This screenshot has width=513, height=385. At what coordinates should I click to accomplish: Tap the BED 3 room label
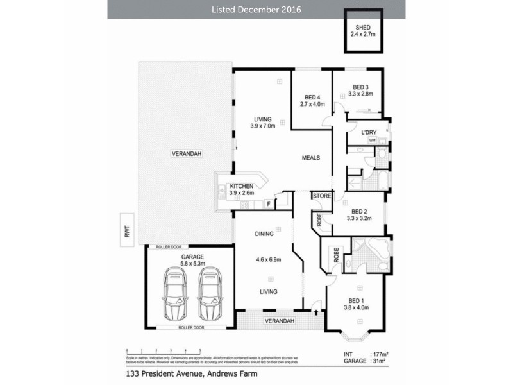360,87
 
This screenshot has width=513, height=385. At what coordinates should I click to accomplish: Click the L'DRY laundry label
368,133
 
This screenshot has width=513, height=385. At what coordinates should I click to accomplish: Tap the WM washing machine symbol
372,140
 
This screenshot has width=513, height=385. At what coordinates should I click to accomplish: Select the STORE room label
321,196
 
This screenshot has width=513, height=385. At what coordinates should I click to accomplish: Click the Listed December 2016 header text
256,10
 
